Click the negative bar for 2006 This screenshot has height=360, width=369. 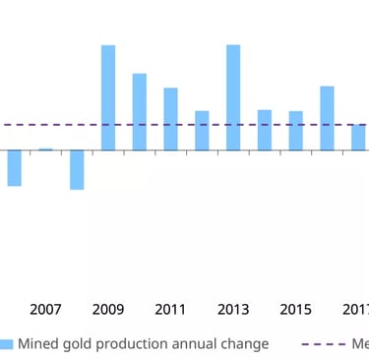(x=14, y=168)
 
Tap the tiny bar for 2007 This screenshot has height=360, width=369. (x=45, y=150)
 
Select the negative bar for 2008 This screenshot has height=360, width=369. (x=77, y=169)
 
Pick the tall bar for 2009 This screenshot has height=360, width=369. (x=108, y=98)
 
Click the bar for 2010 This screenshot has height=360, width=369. (x=140, y=112)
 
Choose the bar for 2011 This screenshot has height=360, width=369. (x=171, y=119)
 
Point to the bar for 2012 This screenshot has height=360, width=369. (x=202, y=131)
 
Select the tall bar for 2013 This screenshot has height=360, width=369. (x=233, y=98)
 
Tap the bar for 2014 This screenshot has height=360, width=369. (x=265, y=130)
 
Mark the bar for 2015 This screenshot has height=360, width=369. (x=295, y=131)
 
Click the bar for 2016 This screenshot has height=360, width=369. (x=327, y=118)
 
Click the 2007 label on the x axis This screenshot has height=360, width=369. (x=45, y=310)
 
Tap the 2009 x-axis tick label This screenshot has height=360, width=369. (x=108, y=310)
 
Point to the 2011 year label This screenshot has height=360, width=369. (x=171, y=310)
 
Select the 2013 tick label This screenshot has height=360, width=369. (x=233, y=310)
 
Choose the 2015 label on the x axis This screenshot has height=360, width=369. (x=295, y=310)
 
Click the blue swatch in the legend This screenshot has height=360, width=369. (x=7, y=344)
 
